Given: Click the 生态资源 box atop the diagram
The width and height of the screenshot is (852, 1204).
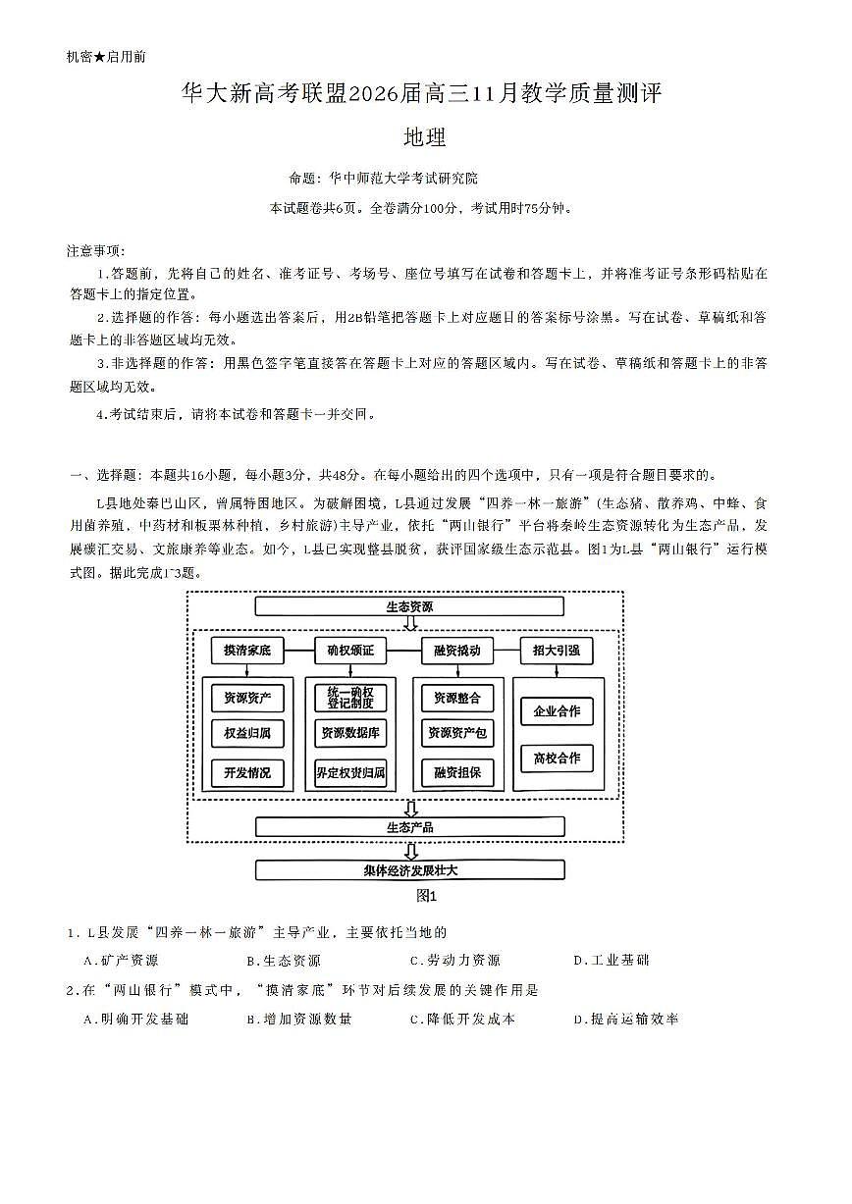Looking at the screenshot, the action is (x=409, y=606).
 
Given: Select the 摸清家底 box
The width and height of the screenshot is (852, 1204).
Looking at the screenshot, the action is (x=246, y=651).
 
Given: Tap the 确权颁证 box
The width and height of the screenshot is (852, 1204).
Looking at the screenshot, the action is (x=350, y=651).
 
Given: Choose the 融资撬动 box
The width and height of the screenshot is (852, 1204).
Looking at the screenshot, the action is (x=456, y=651).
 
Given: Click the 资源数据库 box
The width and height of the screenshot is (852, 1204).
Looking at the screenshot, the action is (x=350, y=733).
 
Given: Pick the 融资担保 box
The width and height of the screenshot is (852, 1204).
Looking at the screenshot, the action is (x=456, y=773).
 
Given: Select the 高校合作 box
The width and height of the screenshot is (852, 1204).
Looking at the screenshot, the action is (x=557, y=759).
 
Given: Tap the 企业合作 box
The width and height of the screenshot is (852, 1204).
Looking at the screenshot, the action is (x=557, y=711).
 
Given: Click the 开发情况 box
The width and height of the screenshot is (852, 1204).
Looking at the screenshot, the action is (x=246, y=773).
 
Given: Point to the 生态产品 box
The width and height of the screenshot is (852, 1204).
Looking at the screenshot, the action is (x=409, y=827).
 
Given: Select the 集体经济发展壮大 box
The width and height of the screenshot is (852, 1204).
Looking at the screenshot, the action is (x=409, y=870).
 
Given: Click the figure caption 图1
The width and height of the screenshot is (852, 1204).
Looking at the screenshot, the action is (x=426, y=896).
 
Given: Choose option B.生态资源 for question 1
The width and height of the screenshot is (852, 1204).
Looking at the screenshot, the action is (x=284, y=961).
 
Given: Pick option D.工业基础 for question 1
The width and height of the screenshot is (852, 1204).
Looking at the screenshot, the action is (x=611, y=961).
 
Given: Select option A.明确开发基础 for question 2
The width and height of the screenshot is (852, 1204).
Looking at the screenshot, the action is (x=136, y=1020).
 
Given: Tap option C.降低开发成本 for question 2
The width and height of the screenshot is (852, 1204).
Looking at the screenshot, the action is (x=462, y=1020).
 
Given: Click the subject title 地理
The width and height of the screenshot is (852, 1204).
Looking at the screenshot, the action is (x=425, y=138).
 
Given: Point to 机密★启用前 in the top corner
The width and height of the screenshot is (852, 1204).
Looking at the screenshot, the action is (x=106, y=58).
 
